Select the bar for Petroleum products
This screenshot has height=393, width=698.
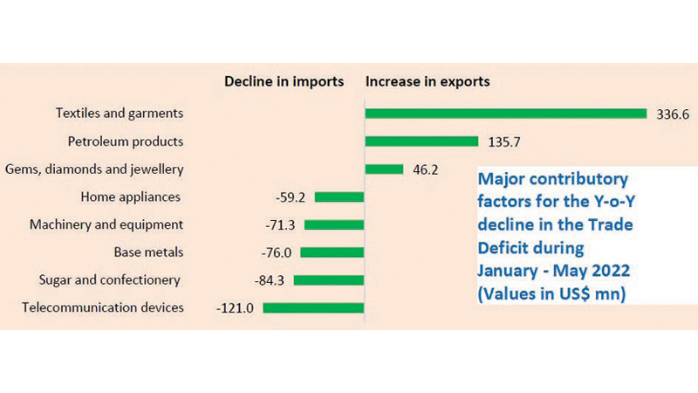coord(421,141)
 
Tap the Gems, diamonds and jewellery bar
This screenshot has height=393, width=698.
coord(384,169)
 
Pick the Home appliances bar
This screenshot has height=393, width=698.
coord(339,197)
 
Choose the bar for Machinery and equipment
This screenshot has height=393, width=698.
coord(333,224)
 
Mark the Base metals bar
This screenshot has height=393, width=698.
coord(332,252)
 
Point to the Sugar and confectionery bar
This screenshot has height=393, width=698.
coord(328,279)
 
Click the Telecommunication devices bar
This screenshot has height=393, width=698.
coord(312,307)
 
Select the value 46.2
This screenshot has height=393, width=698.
coord(424,169)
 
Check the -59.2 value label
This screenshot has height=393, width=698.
coord(290,197)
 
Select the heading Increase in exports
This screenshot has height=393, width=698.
coord(428,82)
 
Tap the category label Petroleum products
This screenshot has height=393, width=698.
coord(126,141)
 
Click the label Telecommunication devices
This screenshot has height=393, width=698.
coord(103,307)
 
